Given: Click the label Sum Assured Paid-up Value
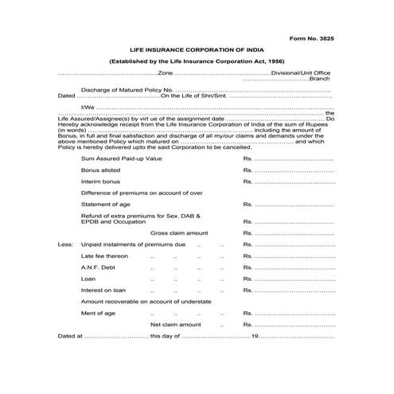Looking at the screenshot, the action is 122,159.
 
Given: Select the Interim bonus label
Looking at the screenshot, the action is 100,181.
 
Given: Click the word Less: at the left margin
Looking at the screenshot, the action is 65,244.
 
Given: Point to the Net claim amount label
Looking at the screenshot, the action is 176,325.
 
